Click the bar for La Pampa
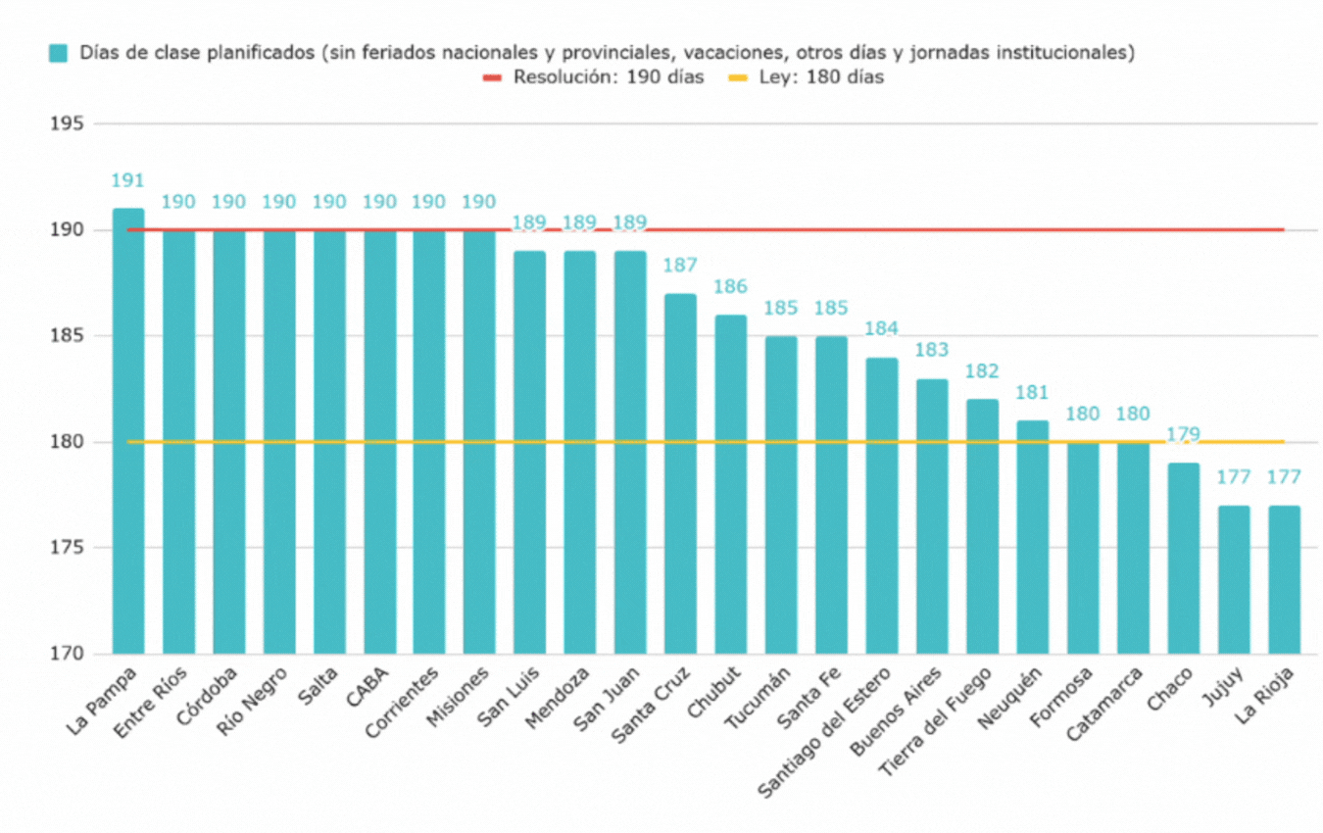coord(128,431)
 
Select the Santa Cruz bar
coord(680,473)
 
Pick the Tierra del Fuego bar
coord(982,526)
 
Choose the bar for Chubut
coord(730,484)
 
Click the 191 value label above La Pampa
coord(128,180)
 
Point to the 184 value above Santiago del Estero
coord(881,328)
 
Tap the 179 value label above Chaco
coord(1183,434)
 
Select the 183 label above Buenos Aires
coord(931,350)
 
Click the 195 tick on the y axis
coord(70,123)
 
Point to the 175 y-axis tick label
coord(70,548)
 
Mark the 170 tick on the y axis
coord(70,654)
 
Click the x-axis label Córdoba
coord(209,695)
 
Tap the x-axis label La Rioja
coord(1265,695)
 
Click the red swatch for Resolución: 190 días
coord(491,77)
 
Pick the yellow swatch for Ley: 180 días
coord(737,77)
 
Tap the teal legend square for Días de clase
coord(58,53)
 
